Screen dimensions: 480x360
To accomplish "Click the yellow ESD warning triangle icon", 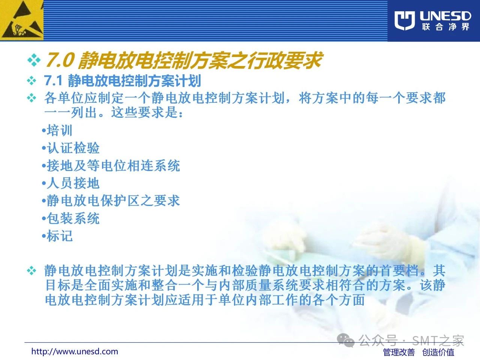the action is [x=21, y=20].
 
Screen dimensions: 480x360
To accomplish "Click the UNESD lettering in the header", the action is [x=445, y=16].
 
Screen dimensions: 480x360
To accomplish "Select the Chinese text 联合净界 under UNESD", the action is [x=445, y=27].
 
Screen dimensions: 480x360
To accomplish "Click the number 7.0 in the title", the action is [x=60, y=60].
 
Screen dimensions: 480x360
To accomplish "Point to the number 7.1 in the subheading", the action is [x=53, y=81].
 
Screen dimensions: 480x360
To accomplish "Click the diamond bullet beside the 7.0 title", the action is [x=34, y=60].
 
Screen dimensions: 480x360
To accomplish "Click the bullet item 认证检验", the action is [x=70, y=148].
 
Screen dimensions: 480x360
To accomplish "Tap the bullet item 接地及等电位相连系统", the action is [x=111, y=165].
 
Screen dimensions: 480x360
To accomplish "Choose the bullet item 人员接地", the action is [x=70, y=183].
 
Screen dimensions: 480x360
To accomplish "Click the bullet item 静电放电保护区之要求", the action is [x=111, y=200].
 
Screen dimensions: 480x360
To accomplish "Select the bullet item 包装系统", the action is [x=70, y=218].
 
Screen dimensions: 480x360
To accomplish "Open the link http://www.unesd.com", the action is [x=75, y=351].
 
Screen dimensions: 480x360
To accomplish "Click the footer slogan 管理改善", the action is [x=399, y=352].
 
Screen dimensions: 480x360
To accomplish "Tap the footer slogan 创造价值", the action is [x=438, y=352].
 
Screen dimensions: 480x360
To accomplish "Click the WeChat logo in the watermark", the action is [x=346, y=340].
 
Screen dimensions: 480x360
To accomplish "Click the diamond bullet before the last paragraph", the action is [x=31, y=271].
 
